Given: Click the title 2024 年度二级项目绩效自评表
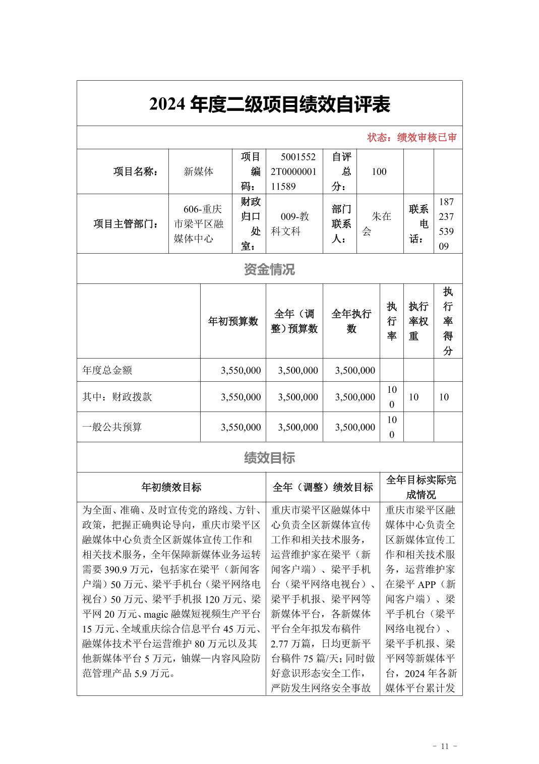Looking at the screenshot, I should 269,104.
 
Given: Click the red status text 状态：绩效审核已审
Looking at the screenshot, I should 411,138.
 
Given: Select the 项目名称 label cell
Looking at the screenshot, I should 135,171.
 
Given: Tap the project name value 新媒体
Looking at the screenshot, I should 199,171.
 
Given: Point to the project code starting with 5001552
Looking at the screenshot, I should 293,171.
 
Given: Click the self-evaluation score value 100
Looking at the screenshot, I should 379,171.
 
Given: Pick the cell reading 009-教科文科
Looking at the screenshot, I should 293,223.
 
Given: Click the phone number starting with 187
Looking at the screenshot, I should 446,224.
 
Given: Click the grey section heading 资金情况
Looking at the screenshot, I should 269,269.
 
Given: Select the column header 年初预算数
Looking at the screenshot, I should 233,321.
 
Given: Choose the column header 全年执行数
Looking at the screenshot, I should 351,321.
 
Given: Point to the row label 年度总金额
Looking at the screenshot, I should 107,370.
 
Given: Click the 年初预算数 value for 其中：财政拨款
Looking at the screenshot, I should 241,397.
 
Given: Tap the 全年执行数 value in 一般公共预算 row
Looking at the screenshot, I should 355,427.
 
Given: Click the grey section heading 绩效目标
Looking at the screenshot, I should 269,457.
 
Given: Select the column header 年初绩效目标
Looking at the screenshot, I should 171,487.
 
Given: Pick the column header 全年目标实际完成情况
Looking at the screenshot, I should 421,487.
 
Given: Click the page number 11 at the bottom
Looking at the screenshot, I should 444,746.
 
